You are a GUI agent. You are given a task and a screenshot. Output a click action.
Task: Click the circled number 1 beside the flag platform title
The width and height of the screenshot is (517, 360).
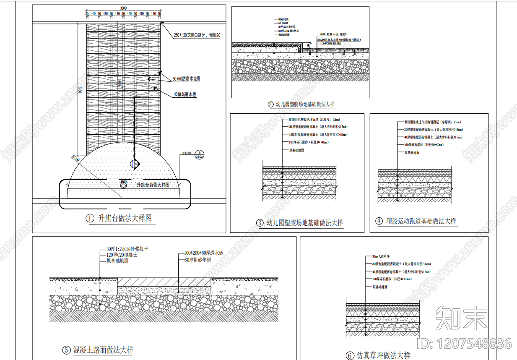(x=90, y=219)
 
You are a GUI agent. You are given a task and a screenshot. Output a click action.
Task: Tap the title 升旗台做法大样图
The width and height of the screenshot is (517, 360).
(x=125, y=219)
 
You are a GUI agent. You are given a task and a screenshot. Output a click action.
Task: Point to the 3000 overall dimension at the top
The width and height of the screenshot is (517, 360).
(x=123, y=8)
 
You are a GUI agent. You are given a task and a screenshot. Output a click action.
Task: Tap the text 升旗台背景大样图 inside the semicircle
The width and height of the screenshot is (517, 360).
(x=153, y=185)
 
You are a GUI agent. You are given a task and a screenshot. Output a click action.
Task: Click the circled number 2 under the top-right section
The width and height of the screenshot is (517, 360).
(x=271, y=104)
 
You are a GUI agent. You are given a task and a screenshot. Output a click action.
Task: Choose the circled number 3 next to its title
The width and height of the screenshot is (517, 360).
(x=260, y=223)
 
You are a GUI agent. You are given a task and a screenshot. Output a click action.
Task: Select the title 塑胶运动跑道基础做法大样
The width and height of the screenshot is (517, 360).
(x=421, y=221)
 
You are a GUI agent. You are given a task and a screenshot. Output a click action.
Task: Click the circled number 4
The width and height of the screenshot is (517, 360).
(x=379, y=221)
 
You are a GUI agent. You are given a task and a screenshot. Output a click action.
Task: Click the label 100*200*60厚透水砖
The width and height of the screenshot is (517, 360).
(x=204, y=253)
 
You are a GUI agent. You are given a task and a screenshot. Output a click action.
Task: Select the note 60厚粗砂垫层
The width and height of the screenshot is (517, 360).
(x=197, y=260)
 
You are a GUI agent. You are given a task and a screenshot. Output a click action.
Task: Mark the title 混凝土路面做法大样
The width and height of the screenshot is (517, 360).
(x=103, y=350)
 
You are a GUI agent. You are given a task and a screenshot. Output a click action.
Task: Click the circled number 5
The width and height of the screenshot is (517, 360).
(x=66, y=350)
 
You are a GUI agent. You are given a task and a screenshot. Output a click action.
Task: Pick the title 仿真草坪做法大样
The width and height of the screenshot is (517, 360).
(x=383, y=355)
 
